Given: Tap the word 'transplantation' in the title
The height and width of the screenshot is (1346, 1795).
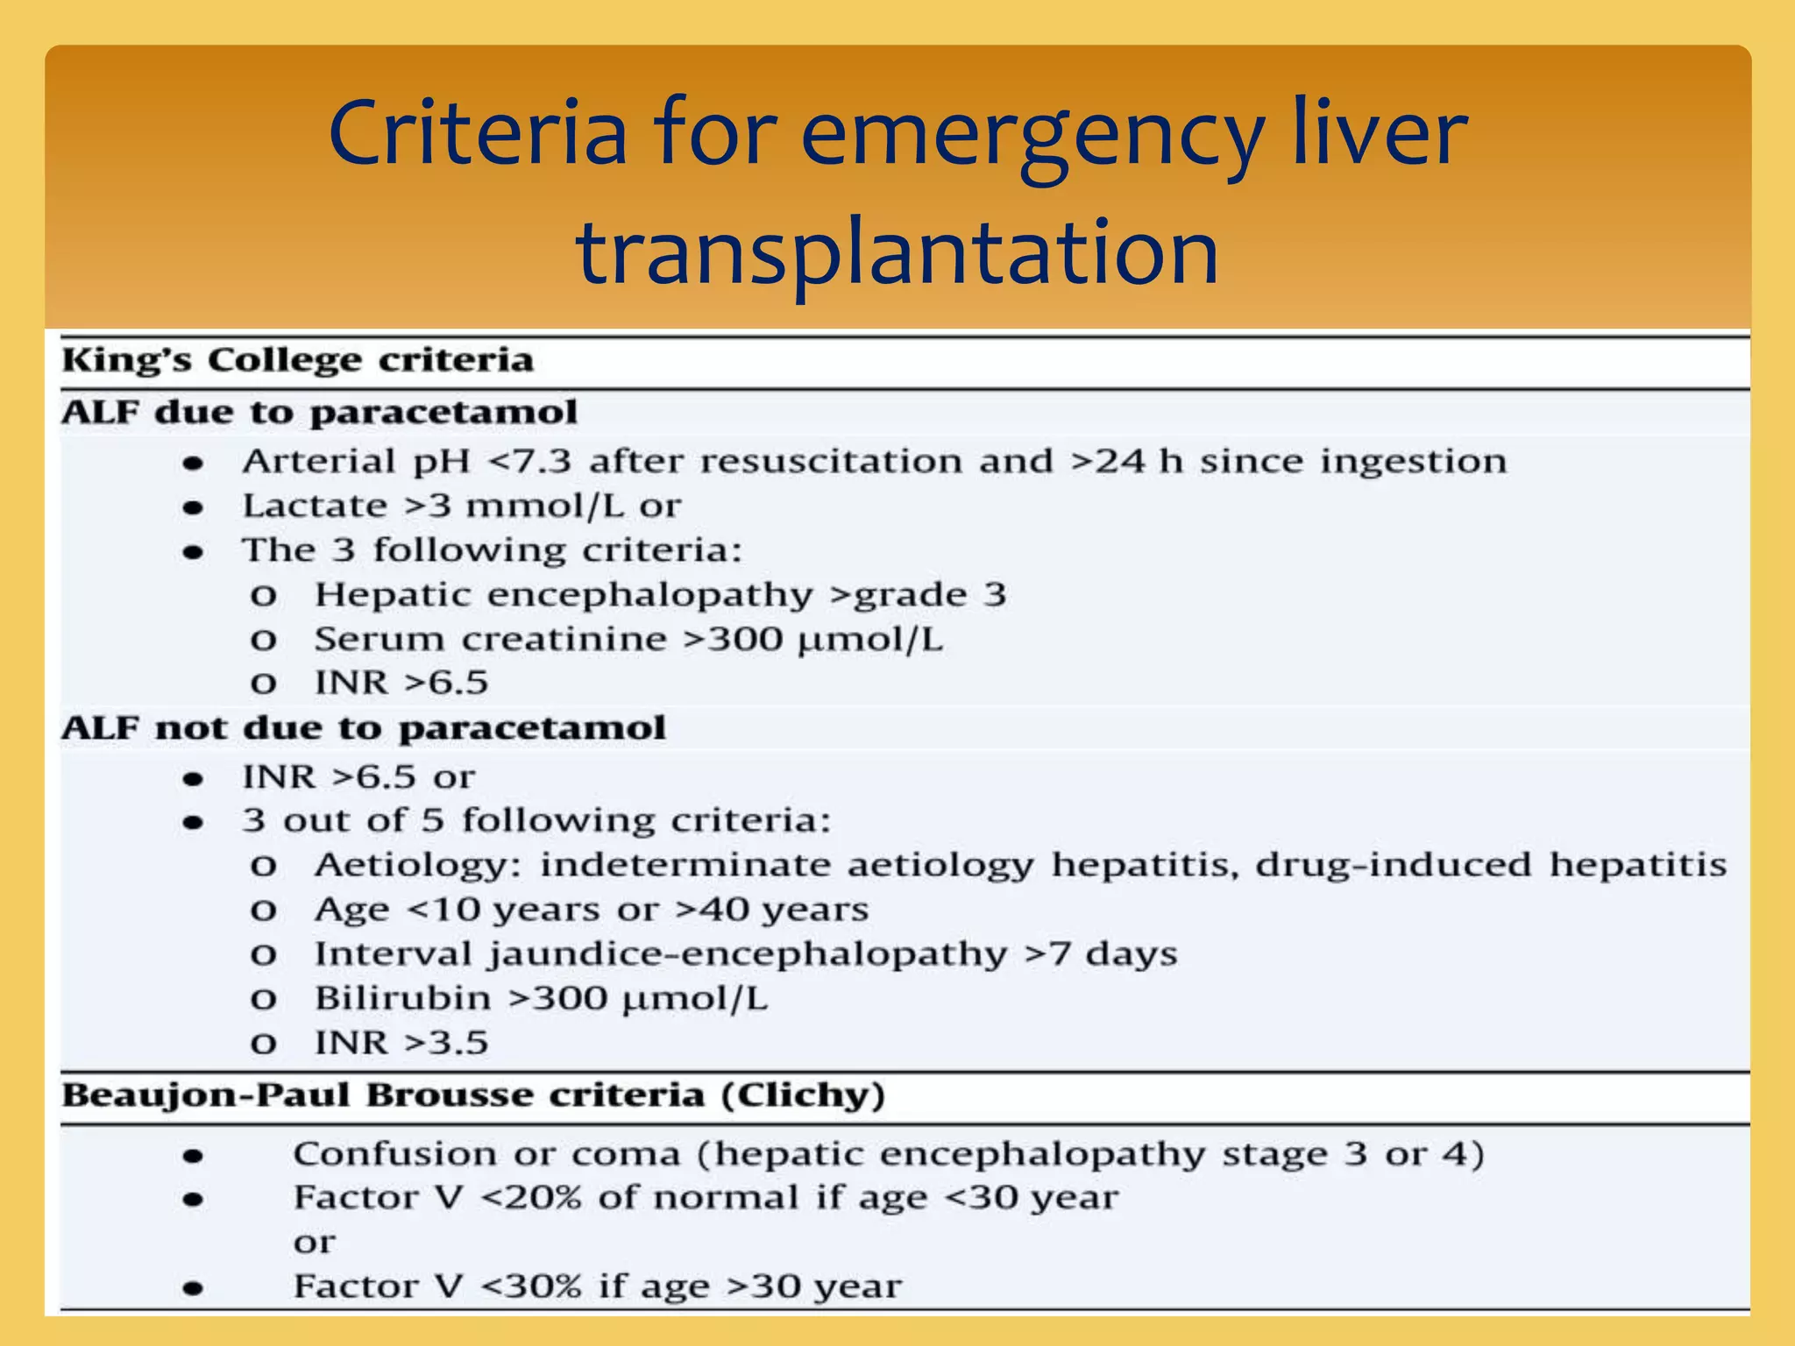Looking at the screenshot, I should click(x=897, y=253).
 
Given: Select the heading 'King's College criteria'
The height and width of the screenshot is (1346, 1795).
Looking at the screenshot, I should click(x=298, y=360).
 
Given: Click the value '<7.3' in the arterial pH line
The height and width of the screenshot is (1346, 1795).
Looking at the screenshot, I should click(x=529, y=462).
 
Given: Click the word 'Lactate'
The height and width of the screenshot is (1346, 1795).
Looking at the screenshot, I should click(x=315, y=506).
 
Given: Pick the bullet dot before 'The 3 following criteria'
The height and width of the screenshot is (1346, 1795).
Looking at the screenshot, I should click(x=194, y=552).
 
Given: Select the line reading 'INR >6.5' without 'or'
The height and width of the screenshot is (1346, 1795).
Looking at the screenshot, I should click(x=401, y=683).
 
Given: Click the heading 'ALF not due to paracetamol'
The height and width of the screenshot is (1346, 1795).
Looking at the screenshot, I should click(x=364, y=728).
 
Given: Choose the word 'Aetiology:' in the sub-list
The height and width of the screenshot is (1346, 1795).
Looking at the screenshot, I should click(x=418, y=866).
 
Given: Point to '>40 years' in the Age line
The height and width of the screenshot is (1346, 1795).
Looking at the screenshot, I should click(x=772, y=910).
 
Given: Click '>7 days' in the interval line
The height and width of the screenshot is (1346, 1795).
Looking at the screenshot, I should click(x=1101, y=954).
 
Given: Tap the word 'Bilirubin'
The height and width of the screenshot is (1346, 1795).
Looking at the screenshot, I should click(x=403, y=998).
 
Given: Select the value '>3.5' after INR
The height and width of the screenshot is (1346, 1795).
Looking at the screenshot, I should click(x=445, y=1043).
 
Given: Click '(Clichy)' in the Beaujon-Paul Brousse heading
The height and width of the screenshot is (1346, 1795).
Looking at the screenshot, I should click(x=803, y=1095).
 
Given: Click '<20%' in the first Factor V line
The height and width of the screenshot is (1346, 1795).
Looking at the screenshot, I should click(x=531, y=1198).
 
